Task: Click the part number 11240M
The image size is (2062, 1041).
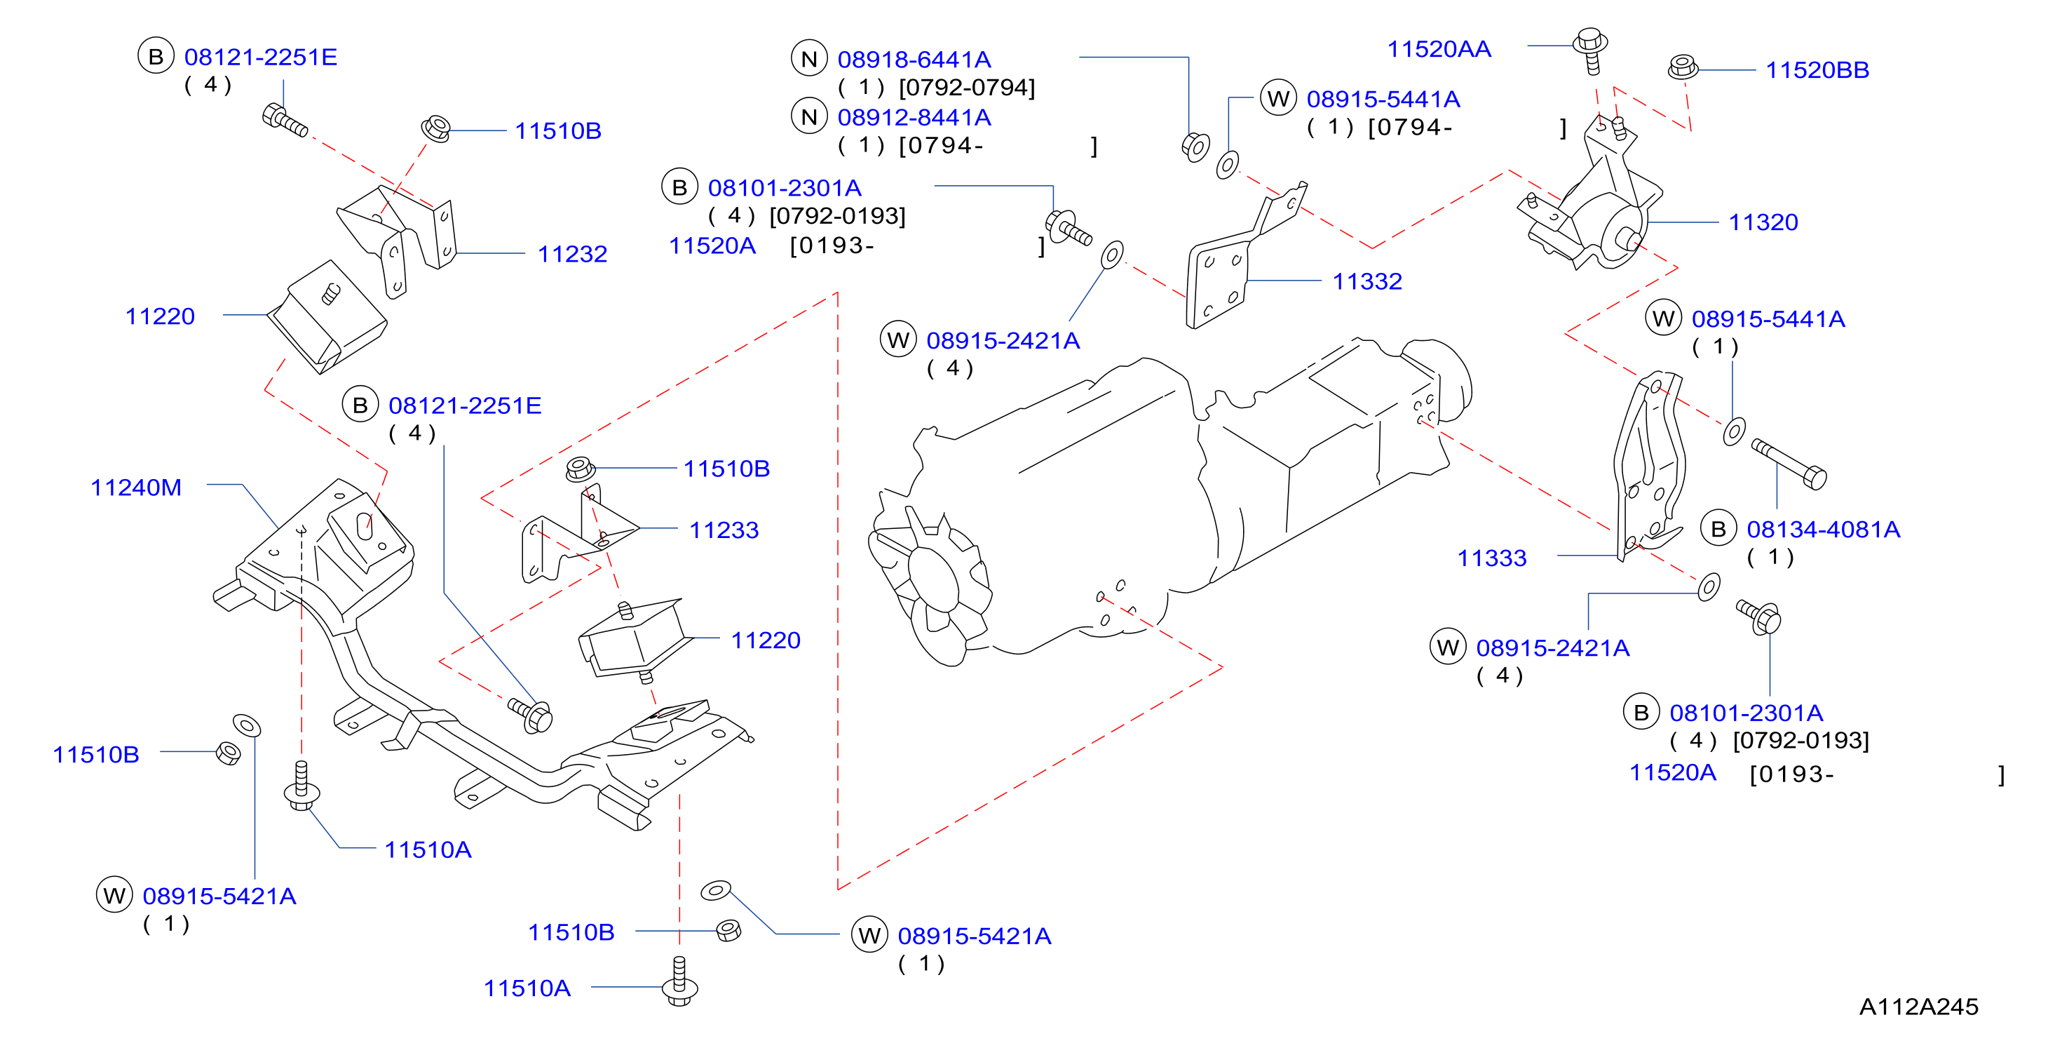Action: (136, 487)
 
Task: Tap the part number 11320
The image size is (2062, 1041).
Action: (1763, 222)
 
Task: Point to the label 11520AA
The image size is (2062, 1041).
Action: (1439, 49)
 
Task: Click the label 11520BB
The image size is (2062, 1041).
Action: (1817, 69)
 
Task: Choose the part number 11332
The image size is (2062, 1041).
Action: (1367, 281)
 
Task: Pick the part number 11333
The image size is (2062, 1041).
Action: (1491, 558)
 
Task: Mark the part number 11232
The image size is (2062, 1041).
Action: (572, 254)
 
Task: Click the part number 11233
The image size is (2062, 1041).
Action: (724, 530)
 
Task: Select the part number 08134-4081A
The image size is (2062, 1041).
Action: (1823, 530)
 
